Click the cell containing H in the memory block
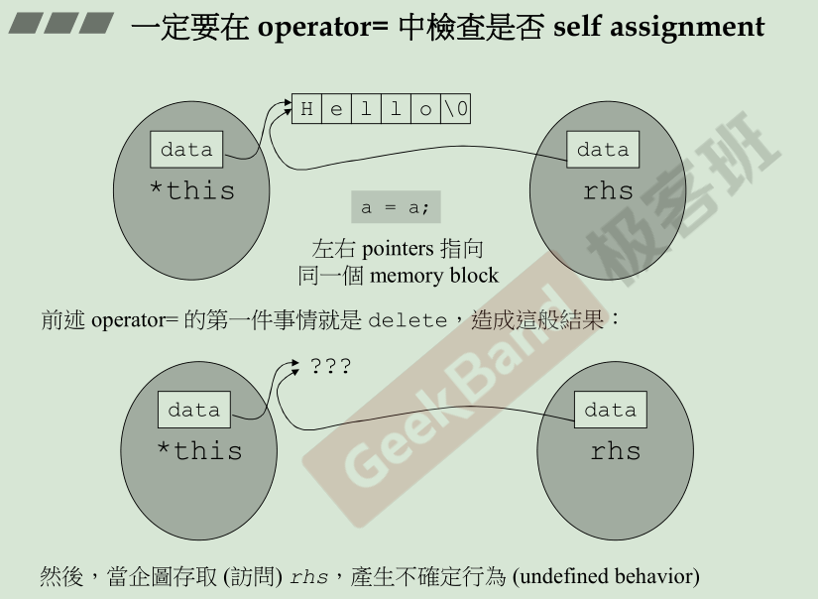pos(306,109)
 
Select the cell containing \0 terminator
pos(456,109)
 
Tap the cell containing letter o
pos(425,109)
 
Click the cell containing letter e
pos(336,109)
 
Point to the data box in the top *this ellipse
pos(186,150)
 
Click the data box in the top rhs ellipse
pos(603,150)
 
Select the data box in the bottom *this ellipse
pos(193,410)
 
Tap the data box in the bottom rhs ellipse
pos(610,410)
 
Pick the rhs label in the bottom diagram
pos(615,451)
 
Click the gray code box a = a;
pos(395,208)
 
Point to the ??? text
pos(330,366)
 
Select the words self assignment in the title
pos(658,26)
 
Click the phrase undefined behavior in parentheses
pos(606,575)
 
